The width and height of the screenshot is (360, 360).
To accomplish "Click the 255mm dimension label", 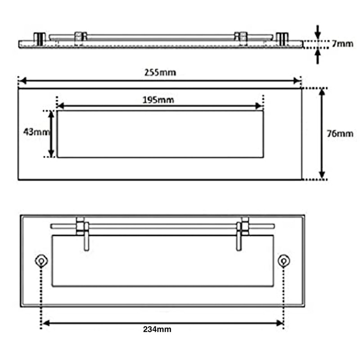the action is pos(160,72).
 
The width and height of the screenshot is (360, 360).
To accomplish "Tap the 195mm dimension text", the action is pos(158,100).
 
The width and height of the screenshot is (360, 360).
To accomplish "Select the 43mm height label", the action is pos(36,132).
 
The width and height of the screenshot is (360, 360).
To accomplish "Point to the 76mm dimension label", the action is pos(340,134).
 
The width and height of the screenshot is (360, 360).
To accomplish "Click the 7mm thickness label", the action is pos(342,44).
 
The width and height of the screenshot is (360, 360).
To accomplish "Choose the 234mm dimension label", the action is pos(157,329).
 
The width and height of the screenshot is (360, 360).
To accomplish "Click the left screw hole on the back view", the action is pos(41,261).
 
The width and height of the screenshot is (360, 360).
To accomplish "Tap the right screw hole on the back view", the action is pos(284,261).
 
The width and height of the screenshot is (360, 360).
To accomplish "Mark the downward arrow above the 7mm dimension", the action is pos(318,31).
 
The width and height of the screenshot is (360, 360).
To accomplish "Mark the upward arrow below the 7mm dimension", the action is pos(318,57).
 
